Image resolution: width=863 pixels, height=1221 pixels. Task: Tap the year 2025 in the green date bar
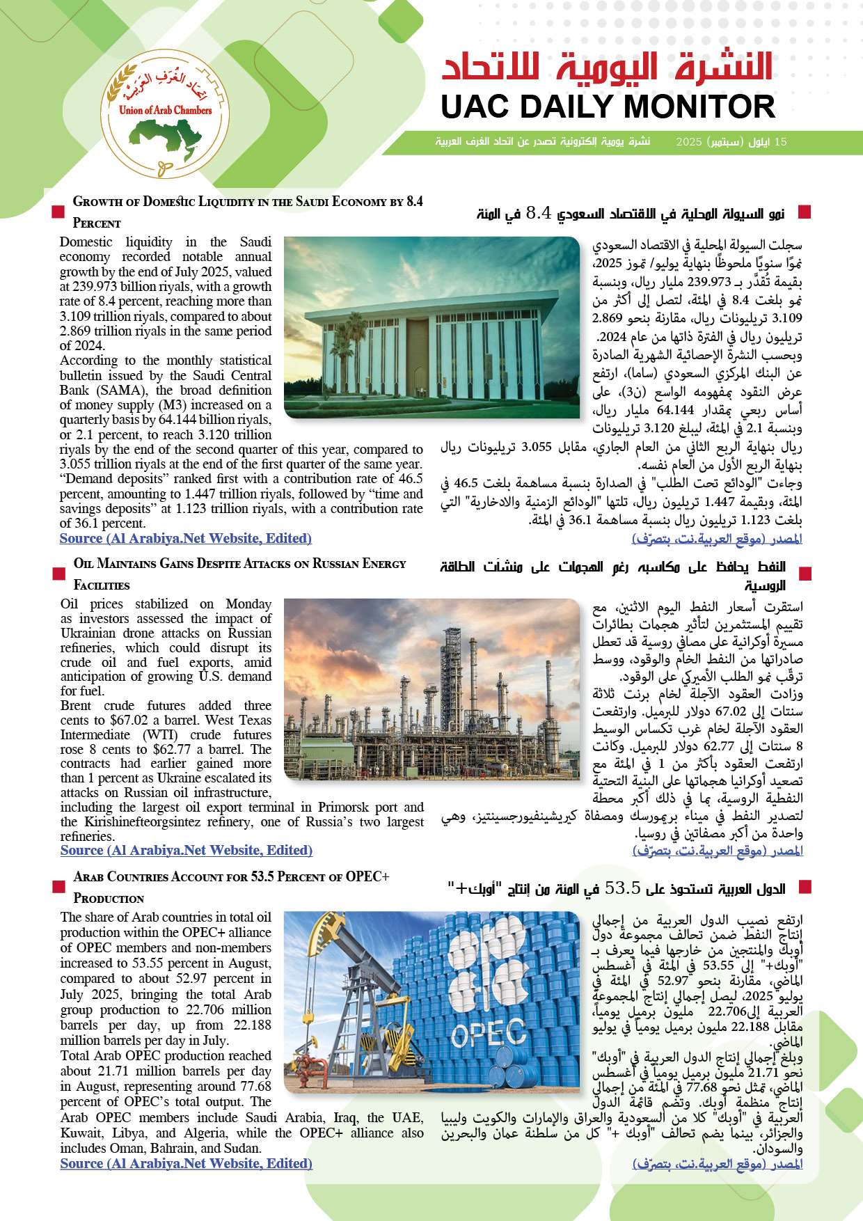click(x=689, y=142)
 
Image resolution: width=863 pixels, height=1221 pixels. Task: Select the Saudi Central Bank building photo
click(x=431, y=327)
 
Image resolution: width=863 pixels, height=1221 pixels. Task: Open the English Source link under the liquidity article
click(x=185, y=538)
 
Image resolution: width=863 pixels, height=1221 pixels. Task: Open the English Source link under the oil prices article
click(x=186, y=850)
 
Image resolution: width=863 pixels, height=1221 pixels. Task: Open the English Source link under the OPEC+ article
click(x=186, y=1163)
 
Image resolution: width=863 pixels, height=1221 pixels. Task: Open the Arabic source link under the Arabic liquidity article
click(x=717, y=538)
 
